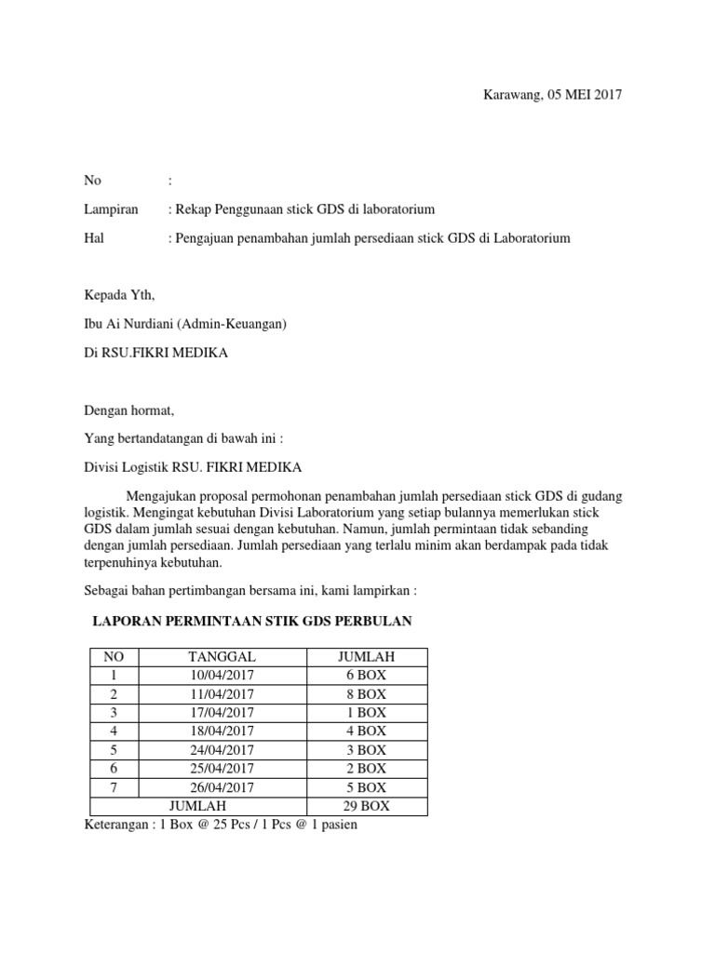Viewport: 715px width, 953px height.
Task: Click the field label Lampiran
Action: point(111,209)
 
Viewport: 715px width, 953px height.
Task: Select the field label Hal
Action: point(94,238)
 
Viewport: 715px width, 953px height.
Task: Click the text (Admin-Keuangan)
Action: point(245,325)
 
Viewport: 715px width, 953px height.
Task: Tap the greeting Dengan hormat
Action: point(129,410)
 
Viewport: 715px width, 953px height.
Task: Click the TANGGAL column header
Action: point(222,657)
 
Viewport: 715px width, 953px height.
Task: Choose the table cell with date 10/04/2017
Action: point(222,676)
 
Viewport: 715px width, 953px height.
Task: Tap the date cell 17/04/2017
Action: point(222,713)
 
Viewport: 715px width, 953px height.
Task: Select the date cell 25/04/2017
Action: point(222,769)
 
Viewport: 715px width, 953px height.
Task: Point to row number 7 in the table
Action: point(114,787)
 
